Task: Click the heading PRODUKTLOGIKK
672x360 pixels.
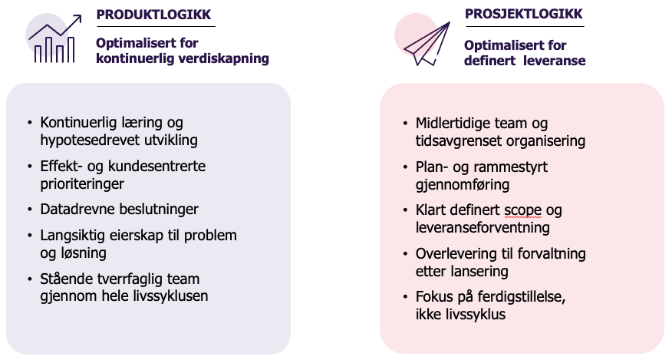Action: (x=153, y=15)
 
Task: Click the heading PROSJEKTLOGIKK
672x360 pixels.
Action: (x=523, y=14)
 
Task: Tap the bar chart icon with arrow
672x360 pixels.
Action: (x=54, y=38)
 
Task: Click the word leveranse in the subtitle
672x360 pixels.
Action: (x=555, y=61)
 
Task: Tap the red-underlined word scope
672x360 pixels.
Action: (x=523, y=210)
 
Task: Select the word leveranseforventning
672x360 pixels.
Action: (x=483, y=227)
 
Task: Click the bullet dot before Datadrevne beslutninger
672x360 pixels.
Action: (x=30, y=210)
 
